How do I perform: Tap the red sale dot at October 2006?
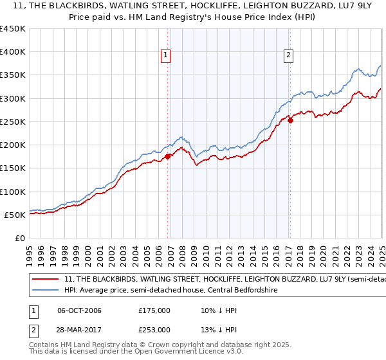pyautogui.click(x=168, y=156)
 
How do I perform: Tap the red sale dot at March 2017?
pyautogui.click(x=290, y=120)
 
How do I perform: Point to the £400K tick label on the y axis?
pyautogui.click(x=13, y=52)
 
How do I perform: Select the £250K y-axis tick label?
pyautogui.click(x=13, y=122)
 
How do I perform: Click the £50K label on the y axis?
pyautogui.click(x=15, y=215)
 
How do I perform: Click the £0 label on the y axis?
pyautogui.click(x=21, y=238)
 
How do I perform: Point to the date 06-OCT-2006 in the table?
pyautogui.click(x=79, y=309)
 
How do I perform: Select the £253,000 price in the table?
pyautogui.click(x=154, y=329)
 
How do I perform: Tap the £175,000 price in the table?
pyautogui.click(x=154, y=309)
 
